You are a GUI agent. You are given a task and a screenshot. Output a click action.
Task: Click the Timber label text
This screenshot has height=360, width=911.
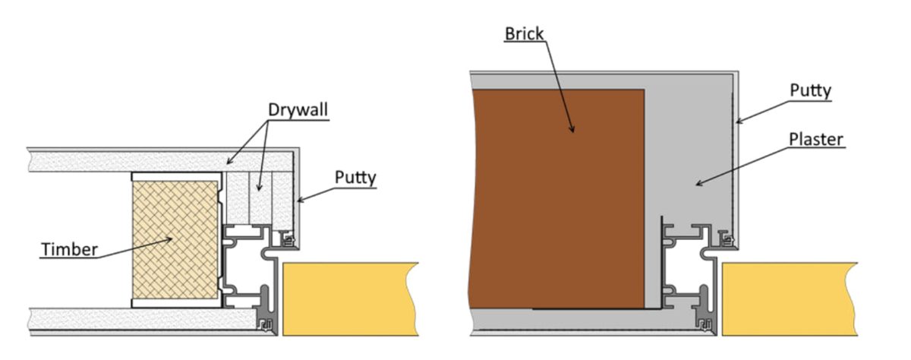point(70,249)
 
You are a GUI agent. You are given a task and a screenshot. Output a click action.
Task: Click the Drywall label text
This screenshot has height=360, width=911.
point(298,110)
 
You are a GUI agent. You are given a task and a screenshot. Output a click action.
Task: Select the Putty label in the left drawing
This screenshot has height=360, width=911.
point(355,178)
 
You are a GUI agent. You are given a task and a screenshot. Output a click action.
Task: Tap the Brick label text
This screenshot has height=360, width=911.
point(524,33)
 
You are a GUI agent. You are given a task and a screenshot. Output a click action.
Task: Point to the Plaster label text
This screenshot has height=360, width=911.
point(816,140)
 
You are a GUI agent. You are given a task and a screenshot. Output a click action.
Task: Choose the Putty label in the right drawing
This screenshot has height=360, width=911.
point(811,90)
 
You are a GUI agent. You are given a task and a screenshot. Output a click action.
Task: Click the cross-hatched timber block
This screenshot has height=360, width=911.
point(175,240)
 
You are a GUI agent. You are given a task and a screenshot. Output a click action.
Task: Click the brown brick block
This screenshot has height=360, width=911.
point(556,198)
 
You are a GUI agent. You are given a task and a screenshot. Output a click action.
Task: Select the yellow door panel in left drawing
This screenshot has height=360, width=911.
point(350,299)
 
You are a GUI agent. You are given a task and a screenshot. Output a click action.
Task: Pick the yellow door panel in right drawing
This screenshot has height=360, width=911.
point(790,299)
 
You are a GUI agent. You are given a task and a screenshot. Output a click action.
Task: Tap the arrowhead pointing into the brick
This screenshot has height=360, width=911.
point(572,128)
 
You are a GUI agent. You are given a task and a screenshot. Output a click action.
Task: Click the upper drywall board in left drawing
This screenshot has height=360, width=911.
point(161,162)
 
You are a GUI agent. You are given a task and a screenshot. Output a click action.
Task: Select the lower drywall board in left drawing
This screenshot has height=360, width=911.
point(143,318)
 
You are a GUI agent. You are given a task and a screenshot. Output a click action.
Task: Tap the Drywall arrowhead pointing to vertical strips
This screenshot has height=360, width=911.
point(259,187)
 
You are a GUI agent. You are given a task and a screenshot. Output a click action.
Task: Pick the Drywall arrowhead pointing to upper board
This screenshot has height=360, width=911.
point(230,162)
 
